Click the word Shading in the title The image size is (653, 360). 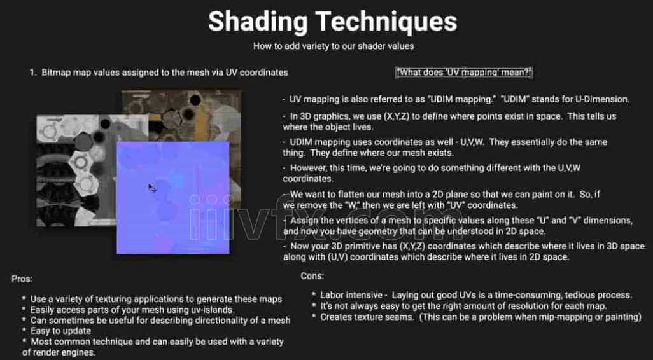pyautogui.click(x=258, y=21)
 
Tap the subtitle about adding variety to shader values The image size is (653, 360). pyautogui.click(x=334, y=46)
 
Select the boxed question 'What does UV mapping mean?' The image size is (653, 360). pyautogui.click(x=464, y=73)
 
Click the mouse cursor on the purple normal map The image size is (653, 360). pyautogui.click(x=152, y=188)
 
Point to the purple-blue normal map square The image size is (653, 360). pyautogui.click(x=173, y=198)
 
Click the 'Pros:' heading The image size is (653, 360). pyautogui.click(x=22, y=279)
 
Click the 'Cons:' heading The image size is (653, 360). pyautogui.click(x=312, y=275)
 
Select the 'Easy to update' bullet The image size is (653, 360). pyautogui.click(x=60, y=331)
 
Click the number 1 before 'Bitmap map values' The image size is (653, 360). pyautogui.click(x=32, y=73)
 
